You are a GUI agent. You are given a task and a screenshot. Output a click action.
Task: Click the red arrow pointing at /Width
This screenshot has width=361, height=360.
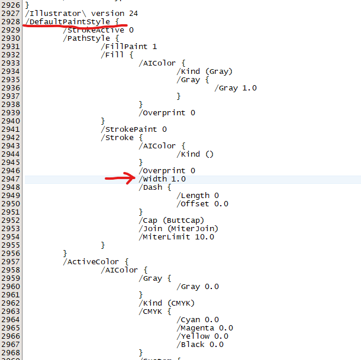(x=120, y=178)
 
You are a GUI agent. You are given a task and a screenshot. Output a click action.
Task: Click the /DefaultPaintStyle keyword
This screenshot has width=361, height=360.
(x=67, y=22)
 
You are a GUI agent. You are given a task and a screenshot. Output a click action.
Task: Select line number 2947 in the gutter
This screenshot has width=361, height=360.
(x=11, y=179)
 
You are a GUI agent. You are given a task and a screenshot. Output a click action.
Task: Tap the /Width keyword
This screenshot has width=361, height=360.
(x=153, y=179)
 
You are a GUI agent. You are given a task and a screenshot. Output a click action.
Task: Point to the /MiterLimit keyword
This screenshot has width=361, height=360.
(x=165, y=237)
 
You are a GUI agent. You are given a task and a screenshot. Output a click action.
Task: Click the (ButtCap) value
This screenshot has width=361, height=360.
(x=183, y=220)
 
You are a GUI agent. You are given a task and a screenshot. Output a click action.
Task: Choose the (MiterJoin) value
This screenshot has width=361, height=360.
(x=193, y=229)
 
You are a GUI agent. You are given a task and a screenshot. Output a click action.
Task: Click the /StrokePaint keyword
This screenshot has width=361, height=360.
(x=129, y=129)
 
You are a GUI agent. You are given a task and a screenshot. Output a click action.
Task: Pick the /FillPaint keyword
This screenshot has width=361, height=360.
(x=124, y=47)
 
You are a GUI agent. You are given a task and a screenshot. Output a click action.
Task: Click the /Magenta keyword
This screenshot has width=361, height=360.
(x=195, y=328)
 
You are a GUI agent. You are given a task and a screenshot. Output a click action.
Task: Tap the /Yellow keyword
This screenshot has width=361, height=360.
(x=193, y=336)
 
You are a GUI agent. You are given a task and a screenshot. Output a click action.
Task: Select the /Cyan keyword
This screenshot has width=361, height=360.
(x=188, y=320)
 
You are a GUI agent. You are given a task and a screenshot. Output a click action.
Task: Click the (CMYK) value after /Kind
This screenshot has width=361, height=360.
(x=181, y=303)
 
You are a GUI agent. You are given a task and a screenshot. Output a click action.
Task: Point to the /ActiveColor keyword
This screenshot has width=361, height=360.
(x=91, y=262)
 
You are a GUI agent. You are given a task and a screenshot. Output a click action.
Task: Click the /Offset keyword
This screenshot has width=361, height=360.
(x=193, y=204)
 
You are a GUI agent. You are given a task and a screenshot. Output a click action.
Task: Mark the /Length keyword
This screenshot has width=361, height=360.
(x=193, y=196)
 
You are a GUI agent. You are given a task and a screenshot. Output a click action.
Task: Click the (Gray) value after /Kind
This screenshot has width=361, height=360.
(x=219, y=72)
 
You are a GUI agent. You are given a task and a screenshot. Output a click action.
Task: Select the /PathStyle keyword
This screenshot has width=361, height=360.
(x=86, y=38)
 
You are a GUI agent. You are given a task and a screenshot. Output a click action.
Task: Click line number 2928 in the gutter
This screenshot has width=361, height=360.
(x=11, y=22)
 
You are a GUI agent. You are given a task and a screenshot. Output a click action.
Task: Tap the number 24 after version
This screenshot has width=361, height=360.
(x=134, y=14)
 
